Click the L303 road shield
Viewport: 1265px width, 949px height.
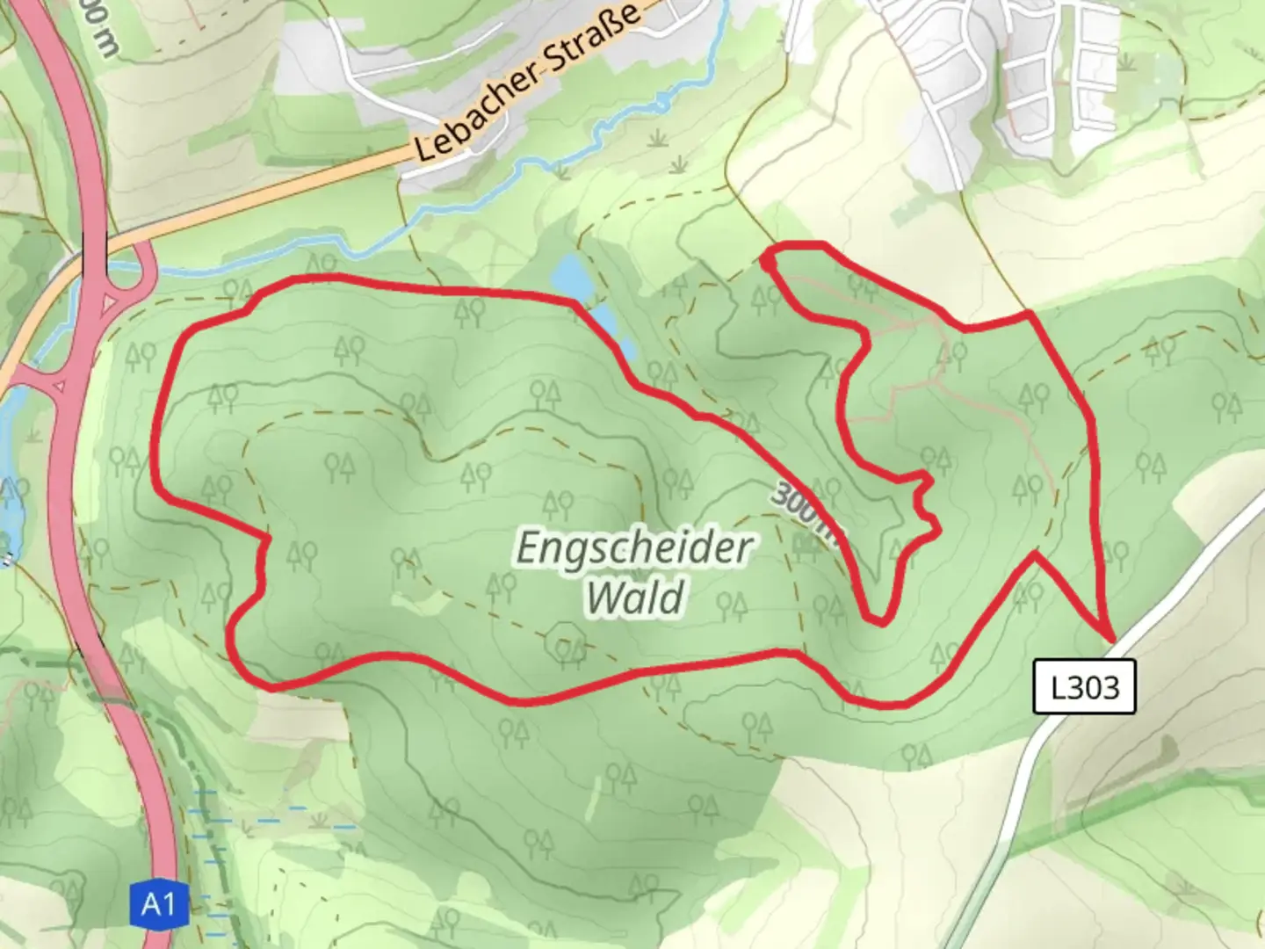pos(1085,685)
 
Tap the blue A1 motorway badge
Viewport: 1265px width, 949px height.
pos(158,904)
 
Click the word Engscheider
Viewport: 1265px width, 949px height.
pos(633,547)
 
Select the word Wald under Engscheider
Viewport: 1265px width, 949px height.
pos(635,598)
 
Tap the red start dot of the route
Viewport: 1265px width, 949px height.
pos(768,262)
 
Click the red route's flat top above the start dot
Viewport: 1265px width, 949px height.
pos(799,244)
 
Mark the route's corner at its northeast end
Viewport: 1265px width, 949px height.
pos(1028,314)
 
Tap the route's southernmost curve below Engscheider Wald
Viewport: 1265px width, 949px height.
pos(518,700)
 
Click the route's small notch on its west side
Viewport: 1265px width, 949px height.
pos(264,562)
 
